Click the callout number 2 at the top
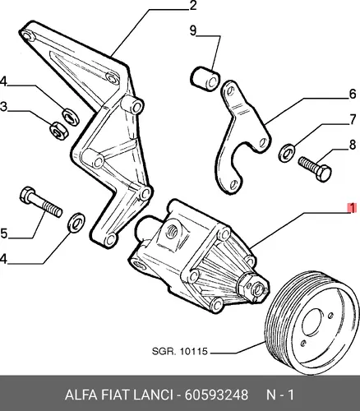pos(192,6)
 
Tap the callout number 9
pos(193,30)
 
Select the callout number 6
pos(353,94)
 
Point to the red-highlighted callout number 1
pos(352,208)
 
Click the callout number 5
pos(3,233)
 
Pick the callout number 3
pos(3,107)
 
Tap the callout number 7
pos(353,120)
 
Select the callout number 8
pos(353,145)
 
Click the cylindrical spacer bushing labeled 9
pos(205,78)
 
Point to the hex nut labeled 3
pos(58,131)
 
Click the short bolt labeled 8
pos(315,169)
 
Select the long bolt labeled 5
pos(41,201)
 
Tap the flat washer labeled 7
pos(287,152)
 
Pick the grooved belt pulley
pos(313,322)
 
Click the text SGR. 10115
pos(180,351)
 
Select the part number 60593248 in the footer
pos(216,395)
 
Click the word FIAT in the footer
pos(115,395)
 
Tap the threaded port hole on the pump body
pos(173,229)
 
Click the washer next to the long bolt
pos(76,222)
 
